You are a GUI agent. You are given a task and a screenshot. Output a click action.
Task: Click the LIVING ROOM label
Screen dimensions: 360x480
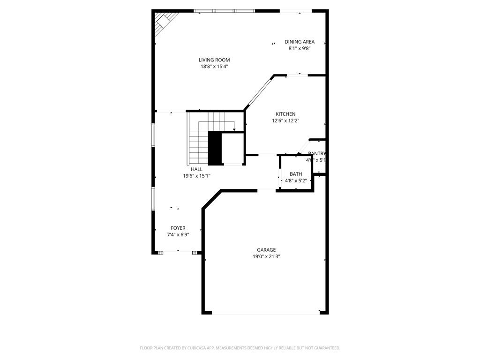point(214,60)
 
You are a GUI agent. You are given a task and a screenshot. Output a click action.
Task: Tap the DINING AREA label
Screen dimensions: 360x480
point(300,42)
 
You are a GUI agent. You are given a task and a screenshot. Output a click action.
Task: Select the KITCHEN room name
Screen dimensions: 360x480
point(285,114)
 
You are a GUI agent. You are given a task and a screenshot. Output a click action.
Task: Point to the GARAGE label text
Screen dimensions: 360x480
point(266,250)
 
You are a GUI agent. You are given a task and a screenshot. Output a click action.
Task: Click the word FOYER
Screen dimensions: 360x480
point(178,228)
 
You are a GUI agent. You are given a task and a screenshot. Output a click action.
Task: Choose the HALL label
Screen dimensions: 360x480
point(196,169)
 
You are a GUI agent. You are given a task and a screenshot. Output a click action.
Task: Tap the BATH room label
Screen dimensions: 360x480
point(296,174)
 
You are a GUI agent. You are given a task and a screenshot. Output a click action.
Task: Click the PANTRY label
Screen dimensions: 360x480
point(317,154)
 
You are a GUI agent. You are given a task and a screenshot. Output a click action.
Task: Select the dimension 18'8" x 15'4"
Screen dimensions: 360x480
point(214,67)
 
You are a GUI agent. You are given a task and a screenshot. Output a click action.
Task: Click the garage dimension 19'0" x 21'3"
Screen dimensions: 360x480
point(266,256)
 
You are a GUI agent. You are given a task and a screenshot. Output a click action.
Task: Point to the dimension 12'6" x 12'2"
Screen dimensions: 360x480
point(285,121)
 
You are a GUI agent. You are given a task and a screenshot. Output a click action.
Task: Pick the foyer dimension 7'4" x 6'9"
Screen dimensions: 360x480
point(178,235)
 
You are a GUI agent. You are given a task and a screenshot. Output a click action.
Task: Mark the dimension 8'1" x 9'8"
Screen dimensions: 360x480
point(300,48)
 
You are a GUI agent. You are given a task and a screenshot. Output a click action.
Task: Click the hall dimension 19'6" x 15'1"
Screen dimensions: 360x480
point(196,176)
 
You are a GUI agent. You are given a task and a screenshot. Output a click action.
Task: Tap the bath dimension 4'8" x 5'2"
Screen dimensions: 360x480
point(296,180)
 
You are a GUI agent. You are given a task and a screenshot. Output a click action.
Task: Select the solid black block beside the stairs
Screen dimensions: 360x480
point(215,148)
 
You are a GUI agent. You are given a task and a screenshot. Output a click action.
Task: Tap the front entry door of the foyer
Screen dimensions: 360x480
point(178,252)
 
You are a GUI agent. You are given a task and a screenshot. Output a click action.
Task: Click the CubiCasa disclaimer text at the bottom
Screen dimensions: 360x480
point(240,348)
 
